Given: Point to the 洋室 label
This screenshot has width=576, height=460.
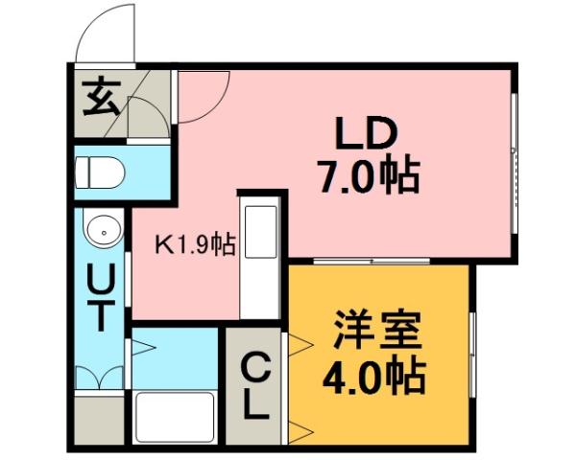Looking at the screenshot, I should pos(377,333).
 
